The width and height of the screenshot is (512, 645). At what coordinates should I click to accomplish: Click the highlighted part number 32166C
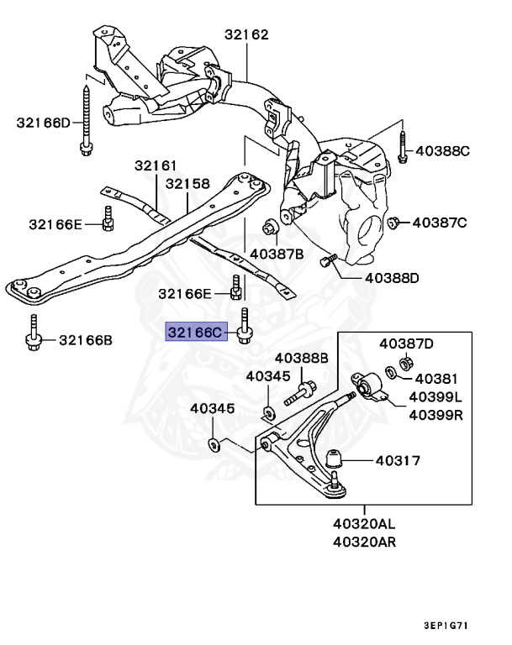point(195,333)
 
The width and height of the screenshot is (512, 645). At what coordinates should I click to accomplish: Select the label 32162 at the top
point(246,35)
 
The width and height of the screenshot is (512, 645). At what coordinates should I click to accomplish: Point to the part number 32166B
point(85,340)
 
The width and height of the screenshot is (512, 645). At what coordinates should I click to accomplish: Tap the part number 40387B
point(277,252)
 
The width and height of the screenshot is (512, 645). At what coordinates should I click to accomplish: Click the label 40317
point(398,459)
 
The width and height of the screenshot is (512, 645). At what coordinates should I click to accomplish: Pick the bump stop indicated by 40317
point(335,459)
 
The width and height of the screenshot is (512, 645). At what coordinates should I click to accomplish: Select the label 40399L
point(435,396)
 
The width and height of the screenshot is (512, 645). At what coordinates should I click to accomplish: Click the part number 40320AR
point(363,541)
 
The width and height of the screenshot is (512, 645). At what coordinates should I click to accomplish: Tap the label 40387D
point(406,343)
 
